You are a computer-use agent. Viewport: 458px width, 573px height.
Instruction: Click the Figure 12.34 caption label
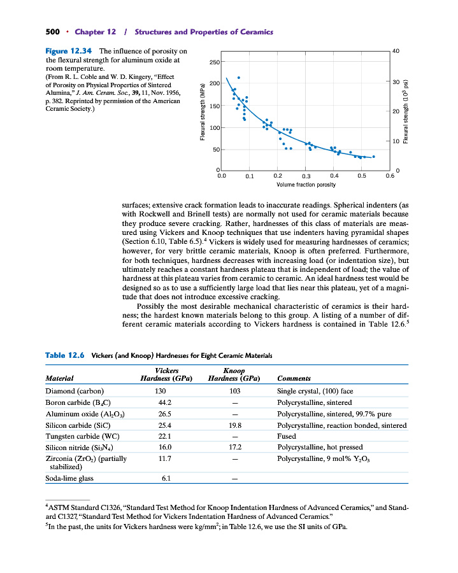[68, 51]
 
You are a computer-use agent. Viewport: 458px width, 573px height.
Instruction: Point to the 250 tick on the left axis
[213, 62]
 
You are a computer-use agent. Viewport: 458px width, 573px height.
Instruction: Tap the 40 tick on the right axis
[397, 50]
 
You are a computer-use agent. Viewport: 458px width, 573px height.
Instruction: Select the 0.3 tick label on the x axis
[306, 176]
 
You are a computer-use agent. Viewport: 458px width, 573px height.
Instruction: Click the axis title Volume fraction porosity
[306, 185]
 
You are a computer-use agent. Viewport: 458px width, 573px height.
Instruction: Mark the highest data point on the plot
[238, 77]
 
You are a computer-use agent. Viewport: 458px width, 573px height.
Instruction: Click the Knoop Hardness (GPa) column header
[235, 374]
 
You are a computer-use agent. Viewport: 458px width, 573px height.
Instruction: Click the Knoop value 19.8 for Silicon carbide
[235, 425]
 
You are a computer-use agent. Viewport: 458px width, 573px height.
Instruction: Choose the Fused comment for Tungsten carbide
[287, 437]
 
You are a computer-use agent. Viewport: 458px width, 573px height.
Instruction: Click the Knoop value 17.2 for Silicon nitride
[235, 448]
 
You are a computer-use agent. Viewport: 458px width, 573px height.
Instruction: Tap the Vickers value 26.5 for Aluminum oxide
[166, 414]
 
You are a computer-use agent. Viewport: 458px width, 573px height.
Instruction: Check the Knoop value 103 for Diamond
[235, 391]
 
